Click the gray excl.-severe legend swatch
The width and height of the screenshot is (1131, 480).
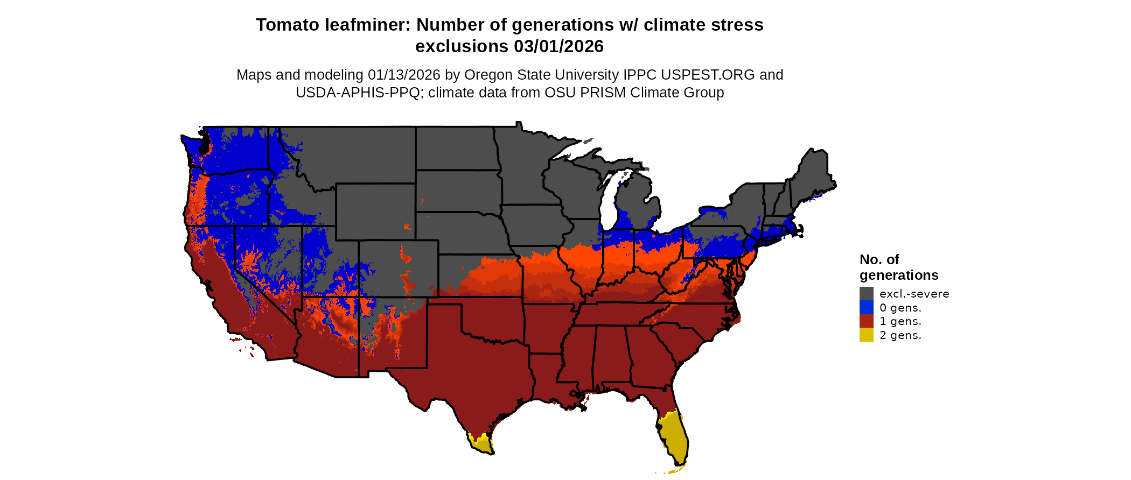866,293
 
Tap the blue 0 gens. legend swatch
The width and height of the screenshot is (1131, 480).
866,307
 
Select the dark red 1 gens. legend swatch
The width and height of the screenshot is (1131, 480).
866,321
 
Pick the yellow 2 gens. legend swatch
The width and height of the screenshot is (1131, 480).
866,335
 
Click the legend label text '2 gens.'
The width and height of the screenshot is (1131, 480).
900,335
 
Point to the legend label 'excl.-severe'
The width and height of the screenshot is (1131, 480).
914,294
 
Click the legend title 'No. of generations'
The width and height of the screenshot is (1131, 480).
898,267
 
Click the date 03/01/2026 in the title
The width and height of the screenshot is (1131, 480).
558,47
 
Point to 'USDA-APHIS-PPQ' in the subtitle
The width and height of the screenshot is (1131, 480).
358,93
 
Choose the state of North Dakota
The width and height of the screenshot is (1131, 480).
456,149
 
